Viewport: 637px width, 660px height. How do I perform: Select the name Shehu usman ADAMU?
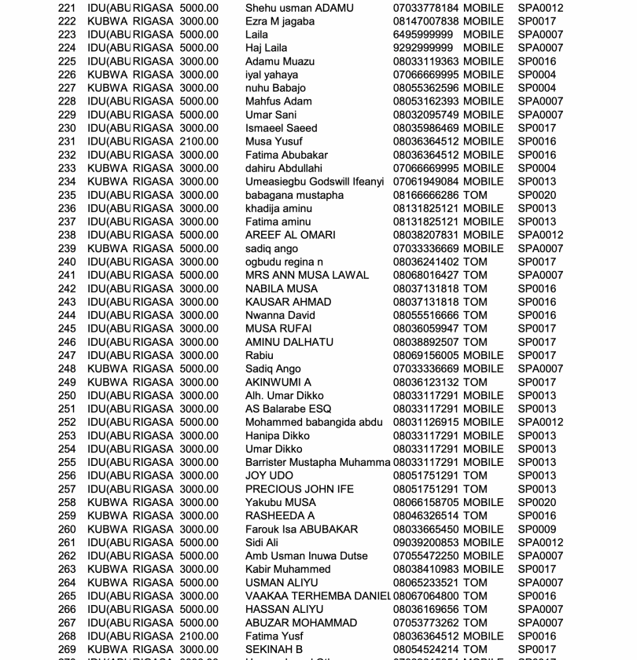point(300,8)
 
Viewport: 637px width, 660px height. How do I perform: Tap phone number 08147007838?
point(425,21)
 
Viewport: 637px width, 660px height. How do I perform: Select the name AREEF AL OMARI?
point(290,235)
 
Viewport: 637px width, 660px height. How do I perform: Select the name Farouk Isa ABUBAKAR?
point(301,529)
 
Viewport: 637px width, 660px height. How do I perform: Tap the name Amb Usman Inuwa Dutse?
point(306,555)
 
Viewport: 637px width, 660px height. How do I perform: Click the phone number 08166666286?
point(425,195)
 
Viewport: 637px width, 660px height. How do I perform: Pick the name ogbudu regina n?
point(284,262)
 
